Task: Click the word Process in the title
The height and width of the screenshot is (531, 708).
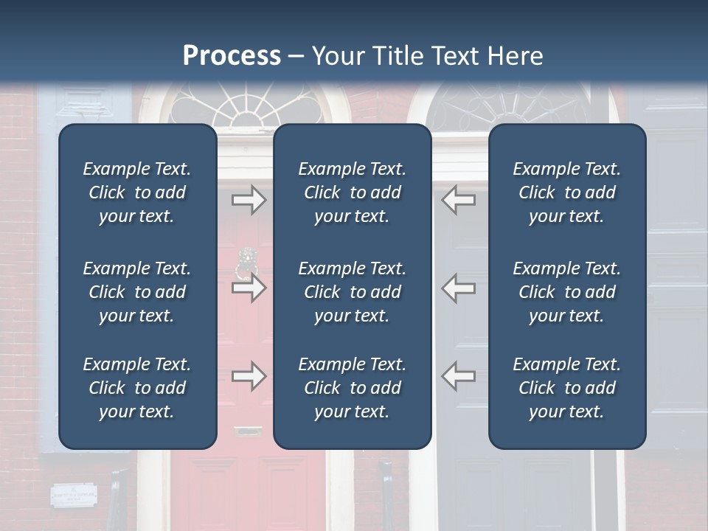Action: (232, 56)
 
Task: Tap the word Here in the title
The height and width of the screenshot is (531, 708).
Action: (515, 56)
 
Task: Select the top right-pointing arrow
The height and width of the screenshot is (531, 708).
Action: (249, 200)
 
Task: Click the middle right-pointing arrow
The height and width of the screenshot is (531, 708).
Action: (249, 288)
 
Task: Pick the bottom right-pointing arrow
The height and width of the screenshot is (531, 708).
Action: (249, 376)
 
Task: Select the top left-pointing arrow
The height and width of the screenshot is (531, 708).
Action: (458, 200)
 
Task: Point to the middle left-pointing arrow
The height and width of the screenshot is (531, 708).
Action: (458, 288)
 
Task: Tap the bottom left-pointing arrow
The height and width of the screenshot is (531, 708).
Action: (458, 376)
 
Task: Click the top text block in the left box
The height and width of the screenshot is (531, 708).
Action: (137, 192)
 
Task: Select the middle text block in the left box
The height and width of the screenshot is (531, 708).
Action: (137, 292)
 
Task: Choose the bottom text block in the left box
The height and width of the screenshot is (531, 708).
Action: (137, 388)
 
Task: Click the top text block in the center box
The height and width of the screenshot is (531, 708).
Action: (352, 192)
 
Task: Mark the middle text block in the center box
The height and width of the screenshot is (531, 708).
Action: (352, 292)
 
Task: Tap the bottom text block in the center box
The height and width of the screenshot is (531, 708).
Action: (352, 388)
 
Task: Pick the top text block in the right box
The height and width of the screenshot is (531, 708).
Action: (566, 192)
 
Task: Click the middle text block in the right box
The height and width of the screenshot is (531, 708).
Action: (566, 292)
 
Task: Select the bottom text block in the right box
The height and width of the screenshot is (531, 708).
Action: (566, 388)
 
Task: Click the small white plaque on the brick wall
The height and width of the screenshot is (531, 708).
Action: (73, 495)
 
